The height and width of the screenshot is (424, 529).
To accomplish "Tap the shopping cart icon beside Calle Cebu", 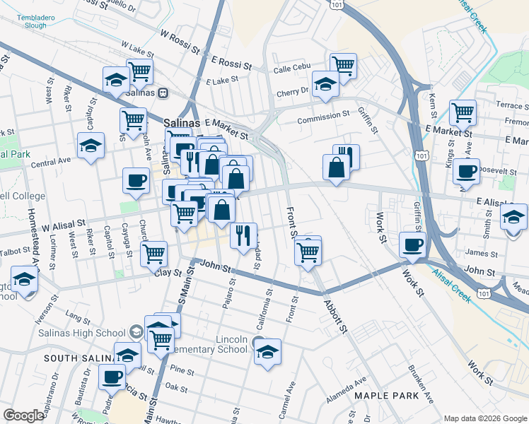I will tap(343, 65).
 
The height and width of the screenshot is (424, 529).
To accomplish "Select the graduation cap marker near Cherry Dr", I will tap(325, 83).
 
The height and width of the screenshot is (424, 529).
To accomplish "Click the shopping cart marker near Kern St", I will tap(463, 112).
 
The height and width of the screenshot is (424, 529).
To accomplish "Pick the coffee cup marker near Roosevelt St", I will tap(467, 171).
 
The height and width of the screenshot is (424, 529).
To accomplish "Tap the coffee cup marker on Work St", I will tap(413, 245).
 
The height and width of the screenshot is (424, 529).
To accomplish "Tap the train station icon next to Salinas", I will tap(163, 93).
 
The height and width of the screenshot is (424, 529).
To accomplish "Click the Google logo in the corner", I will tap(23, 416).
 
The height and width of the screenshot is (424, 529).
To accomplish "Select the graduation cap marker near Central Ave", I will tap(91, 146).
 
